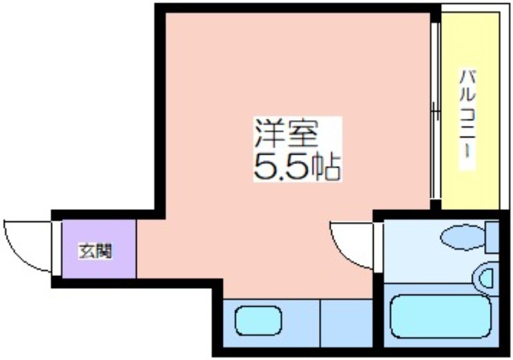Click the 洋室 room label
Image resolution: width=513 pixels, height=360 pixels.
coord(286,133)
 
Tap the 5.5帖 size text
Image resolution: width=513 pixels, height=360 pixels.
coord(297,167)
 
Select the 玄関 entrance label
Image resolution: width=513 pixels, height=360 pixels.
coord(95,251)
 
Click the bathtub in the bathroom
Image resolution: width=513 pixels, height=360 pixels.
coord(440,316)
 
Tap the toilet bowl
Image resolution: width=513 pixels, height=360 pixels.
coord(463,236)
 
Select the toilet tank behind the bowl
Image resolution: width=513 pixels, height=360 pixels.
coord(492,237)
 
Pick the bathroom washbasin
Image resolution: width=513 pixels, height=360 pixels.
coord(485,279)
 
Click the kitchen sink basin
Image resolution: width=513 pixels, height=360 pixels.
coord(258,320)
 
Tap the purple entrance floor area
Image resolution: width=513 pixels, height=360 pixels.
coord(99,249)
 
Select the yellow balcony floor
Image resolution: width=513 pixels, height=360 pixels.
coord(470,111)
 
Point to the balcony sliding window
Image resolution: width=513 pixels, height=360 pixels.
coord(435,110)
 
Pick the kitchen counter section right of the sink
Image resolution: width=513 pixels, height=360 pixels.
coord(347,323)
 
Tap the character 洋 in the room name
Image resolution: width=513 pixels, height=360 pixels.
coord(270,133)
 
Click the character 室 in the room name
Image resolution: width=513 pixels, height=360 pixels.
coord(303,133)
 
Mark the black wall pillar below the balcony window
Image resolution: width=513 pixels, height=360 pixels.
coord(435,205)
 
